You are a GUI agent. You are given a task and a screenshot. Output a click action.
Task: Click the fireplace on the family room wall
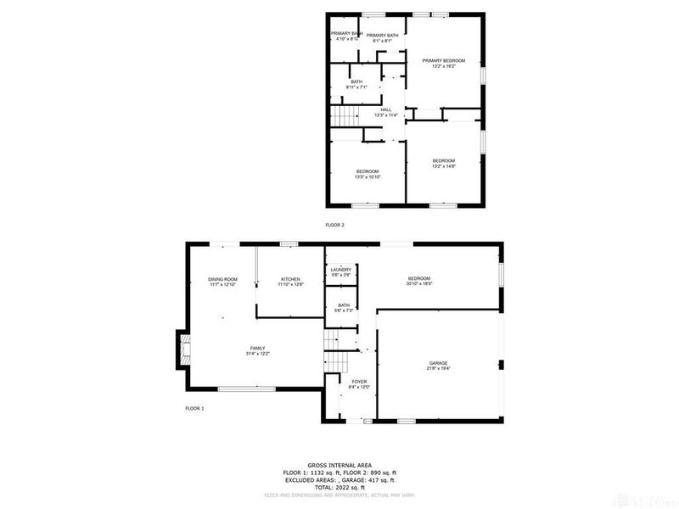pos(184,350)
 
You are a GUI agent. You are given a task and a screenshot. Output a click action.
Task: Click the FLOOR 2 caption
pos(335,225)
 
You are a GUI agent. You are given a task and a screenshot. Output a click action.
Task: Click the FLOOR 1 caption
pos(194,408)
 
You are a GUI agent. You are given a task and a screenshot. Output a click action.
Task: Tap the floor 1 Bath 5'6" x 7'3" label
pos(344,308)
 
